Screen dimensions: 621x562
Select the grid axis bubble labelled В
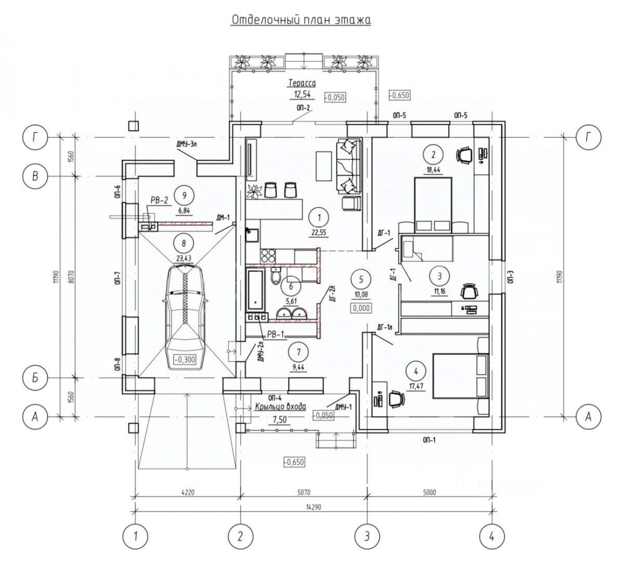coord(35,176)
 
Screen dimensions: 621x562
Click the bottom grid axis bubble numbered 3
coord(367,535)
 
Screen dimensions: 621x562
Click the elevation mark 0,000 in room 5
coord(360,308)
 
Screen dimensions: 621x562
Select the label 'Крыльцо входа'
coord(281,407)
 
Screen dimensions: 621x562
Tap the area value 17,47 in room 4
coord(415,387)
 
